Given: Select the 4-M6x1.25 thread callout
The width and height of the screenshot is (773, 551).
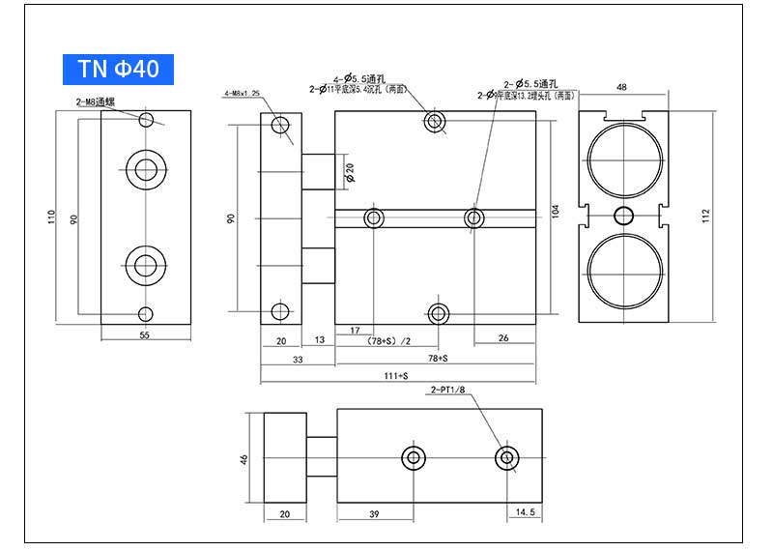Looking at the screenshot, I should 243,93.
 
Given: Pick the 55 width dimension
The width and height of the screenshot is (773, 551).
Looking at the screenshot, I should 145,335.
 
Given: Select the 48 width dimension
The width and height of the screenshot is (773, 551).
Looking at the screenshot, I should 621,87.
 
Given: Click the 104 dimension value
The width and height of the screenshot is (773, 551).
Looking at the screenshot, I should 555,210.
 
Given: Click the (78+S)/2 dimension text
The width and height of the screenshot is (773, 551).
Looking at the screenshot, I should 387,341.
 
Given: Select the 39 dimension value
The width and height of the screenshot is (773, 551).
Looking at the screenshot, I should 372,513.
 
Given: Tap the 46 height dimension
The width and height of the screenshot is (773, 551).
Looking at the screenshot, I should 244,458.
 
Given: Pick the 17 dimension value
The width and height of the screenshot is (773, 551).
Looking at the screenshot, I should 355,332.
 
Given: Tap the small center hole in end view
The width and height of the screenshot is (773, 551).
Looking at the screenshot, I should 625,215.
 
